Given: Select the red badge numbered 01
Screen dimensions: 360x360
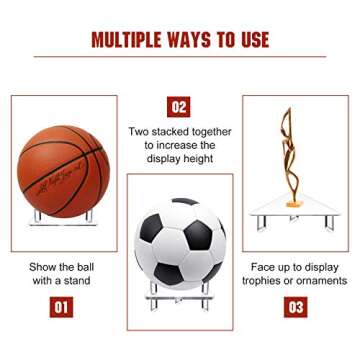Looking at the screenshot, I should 61,307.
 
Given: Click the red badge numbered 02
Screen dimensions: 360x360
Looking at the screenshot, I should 178,106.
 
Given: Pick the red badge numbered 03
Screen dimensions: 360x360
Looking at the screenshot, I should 296,307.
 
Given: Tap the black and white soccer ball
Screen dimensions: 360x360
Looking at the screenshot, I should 180,245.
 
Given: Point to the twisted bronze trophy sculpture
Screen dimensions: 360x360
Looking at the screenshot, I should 292,151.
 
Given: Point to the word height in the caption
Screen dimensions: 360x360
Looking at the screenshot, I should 196,158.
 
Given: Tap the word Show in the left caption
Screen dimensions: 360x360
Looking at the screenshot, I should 42,267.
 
